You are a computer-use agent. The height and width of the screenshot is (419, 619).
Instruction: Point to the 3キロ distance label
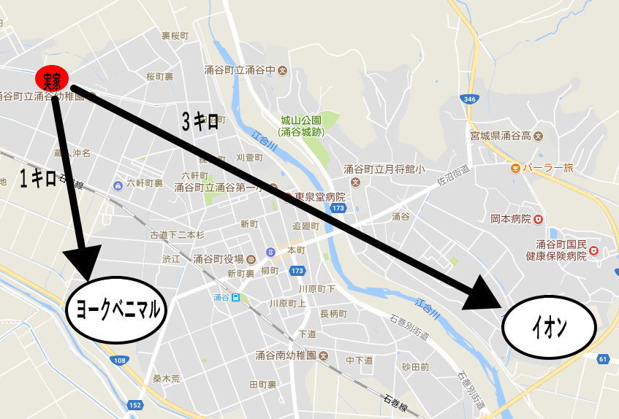click(200, 122)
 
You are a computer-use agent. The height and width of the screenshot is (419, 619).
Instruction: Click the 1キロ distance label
click(38, 178)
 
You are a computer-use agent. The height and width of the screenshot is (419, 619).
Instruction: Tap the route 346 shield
click(468, 98)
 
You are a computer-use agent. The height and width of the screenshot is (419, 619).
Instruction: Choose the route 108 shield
click(120, 360)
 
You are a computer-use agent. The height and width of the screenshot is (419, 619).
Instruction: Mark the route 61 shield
click(602, 358)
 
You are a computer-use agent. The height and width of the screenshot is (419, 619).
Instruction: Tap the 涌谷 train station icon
click(236, 297)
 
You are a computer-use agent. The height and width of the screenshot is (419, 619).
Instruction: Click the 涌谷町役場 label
click(219, 258)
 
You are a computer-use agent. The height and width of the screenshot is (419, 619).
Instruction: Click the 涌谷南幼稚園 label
click(285, 355)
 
